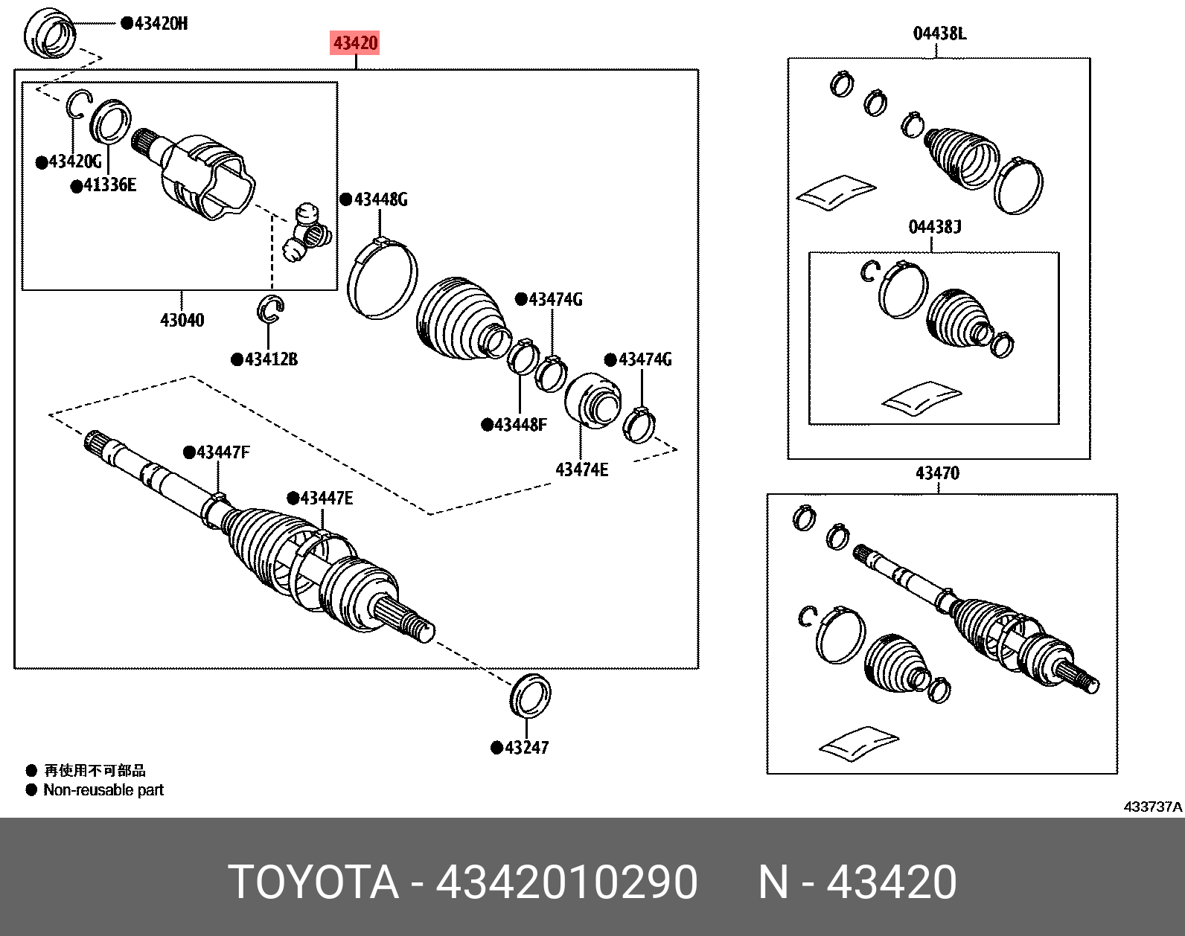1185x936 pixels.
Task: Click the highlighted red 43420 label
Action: (356, 43)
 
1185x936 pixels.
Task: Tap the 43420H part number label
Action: (161, 24)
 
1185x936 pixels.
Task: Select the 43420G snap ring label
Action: (74, 161)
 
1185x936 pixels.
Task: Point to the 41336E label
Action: (109, 185)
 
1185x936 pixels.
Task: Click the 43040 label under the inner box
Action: (182, 320)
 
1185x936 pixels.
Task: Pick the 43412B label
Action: (270, 359)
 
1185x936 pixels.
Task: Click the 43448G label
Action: (380, 199)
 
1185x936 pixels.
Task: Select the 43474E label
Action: (581, 469)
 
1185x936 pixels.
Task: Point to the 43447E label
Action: (326, 498)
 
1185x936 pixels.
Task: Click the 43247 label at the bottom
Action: (526, 748)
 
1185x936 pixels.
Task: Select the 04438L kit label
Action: (939, 33)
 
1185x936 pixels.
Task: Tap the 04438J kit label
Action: (934, 226)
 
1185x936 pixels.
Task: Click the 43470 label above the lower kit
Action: (937, 473)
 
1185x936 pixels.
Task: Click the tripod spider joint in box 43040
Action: (308, 234)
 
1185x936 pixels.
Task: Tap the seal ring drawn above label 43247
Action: (531, 695)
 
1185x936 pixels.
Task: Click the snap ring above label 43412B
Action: (270, 309)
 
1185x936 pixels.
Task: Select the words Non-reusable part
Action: (103, 790)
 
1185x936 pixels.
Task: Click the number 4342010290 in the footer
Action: (566, 882)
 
